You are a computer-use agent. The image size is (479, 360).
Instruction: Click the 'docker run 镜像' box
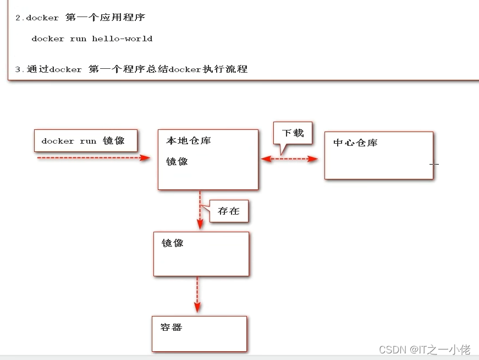85,141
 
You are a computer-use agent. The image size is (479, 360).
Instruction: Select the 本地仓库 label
189,141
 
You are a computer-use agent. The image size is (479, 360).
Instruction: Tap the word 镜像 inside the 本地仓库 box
177,162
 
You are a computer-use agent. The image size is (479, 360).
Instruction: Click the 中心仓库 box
378,155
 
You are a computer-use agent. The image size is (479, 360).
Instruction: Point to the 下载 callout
293,133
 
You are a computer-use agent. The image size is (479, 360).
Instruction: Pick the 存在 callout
229,211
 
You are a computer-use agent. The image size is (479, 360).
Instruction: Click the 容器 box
199,334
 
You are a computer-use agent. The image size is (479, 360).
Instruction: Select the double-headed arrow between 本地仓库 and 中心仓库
289,159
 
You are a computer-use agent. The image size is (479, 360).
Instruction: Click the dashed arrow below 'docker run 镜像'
93,158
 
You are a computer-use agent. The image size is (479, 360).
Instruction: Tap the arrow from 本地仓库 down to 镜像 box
200,209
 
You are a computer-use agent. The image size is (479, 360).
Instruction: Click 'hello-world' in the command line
122,39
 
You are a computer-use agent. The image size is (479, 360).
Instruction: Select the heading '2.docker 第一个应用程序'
80,18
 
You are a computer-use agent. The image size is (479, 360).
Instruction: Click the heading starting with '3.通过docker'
131,69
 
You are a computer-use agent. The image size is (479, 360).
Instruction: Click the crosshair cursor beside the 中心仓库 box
434,163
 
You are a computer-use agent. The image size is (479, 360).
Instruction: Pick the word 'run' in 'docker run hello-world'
78,39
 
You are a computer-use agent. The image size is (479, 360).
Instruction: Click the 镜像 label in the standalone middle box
173,243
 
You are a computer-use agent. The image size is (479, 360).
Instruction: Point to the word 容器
172,328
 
